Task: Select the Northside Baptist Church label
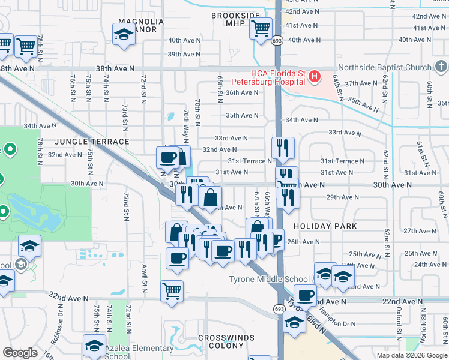(384, 67)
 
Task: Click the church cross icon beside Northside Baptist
(441, 65)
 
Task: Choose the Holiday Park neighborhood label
(325, 226)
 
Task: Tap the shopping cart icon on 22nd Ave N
(172, 292)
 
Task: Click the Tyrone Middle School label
(268, 279)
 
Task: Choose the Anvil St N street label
(145, 277)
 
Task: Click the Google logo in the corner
(20, 353)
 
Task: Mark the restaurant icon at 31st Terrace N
(282, 147)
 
